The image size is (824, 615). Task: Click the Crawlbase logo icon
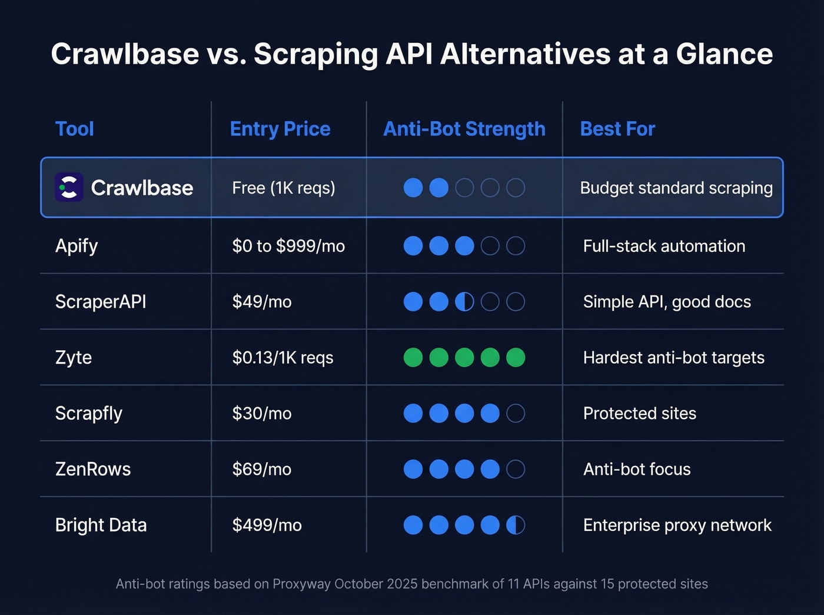click(69, 188)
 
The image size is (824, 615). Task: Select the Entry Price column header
click(280, 129)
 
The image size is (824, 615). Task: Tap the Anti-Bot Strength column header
click(464, 129)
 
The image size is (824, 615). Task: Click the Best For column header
click(617, 129)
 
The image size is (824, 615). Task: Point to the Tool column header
click(75, 129)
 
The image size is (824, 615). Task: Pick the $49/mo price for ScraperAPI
click(262, 302)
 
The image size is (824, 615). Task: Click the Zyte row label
click(74, 358)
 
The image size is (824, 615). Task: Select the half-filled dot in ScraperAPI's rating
click(464, 302)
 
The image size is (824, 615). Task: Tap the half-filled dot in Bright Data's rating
click(516, 525)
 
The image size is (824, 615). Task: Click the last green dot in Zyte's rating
click(516, 357)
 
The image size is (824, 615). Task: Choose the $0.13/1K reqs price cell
click(283, 358)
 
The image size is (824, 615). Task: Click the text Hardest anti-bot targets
click(673, 358)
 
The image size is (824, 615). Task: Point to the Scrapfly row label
click(89, 414)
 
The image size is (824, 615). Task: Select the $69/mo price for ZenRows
click(262, 470)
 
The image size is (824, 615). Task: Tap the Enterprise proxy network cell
click(677, 525)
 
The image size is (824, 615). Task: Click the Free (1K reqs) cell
click(284, 188)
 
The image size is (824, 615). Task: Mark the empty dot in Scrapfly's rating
click(516, 413)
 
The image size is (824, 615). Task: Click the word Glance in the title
click(724, 54)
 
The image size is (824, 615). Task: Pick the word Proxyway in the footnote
click(302, 584)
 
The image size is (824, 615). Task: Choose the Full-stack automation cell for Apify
click(664, 246)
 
